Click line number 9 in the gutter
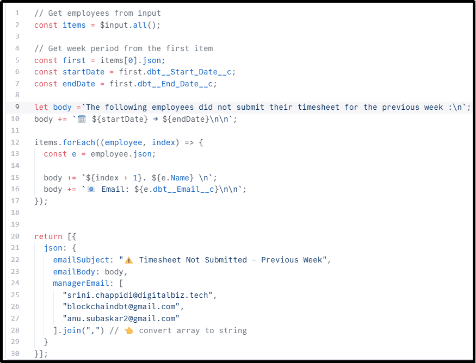point(17,107)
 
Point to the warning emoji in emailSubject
point(129,260)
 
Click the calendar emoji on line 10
point(82,119)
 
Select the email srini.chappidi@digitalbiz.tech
point(139,295)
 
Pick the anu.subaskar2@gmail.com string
point(121,318)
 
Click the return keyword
point(48,236)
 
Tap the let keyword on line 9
point(41,107)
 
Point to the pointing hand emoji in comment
point(129,330)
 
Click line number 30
point(15,354)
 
